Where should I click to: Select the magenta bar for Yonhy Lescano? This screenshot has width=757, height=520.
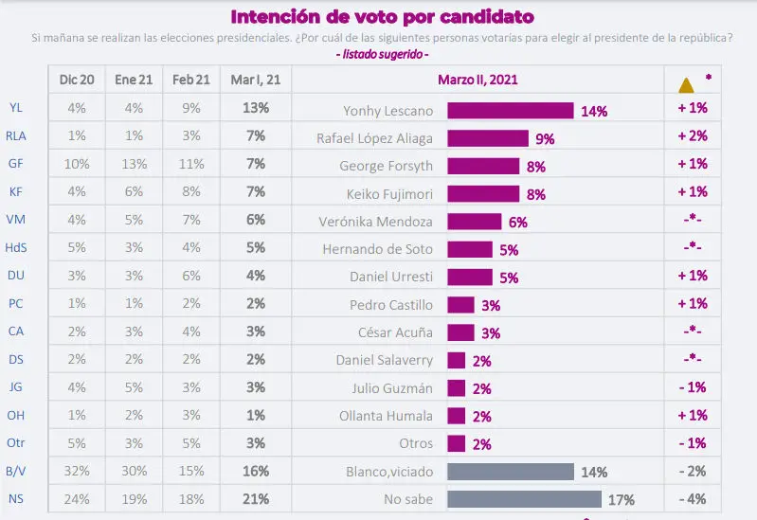pos(510,110)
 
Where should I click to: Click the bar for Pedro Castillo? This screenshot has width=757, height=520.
pos(460,305)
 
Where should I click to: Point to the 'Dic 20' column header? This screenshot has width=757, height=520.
pos(76,81)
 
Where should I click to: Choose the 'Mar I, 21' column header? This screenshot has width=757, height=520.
pos(256,81)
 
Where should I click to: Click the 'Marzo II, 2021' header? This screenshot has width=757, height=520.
pos(478,81)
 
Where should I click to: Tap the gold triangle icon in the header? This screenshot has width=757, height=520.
pos(686,84)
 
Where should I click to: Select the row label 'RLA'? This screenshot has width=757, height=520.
pos(16,137)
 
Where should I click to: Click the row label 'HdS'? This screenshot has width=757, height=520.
pos(16,249)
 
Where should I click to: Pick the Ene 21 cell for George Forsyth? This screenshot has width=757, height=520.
pos(134,166)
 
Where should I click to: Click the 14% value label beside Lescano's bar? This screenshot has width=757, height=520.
pos(594,111)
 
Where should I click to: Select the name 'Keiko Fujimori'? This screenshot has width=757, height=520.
pos(388,193)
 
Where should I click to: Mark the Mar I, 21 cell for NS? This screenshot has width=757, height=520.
pos(256,499)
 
